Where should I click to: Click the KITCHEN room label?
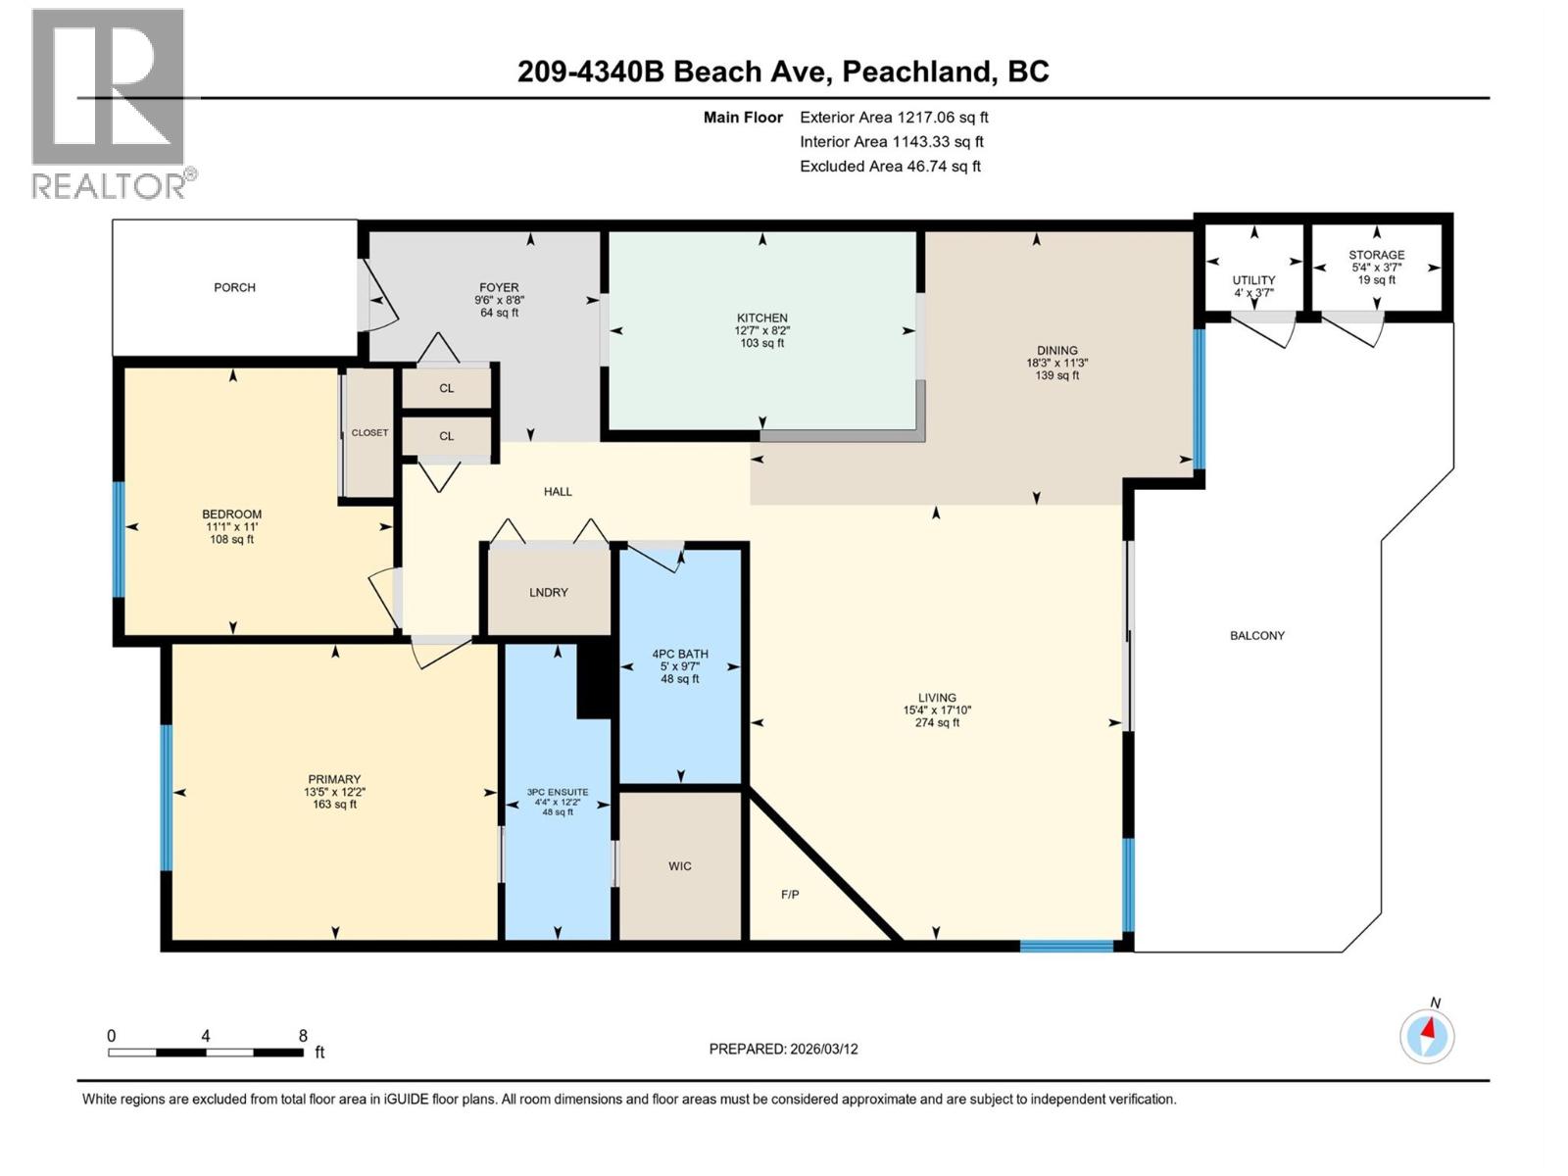click(761, 318)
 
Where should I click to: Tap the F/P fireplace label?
click(790, 894)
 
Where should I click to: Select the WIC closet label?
click(680, 866)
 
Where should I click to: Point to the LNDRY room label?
click(549, 592)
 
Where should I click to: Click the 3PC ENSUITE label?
click(558, 792)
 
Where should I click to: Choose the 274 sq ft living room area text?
click(937, 723)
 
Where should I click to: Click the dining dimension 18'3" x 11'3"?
click(1056, 363)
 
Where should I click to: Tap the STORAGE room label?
click(1376, 255)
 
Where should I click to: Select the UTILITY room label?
click(1253, 280)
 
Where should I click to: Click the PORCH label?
click(235, 287)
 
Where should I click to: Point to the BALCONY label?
click(1257, 635)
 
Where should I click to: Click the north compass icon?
click(1427, 1035)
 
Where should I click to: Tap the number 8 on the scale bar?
click(303, 1036)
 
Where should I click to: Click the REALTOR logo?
click(110, 103)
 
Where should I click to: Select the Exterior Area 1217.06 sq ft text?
click(894, 117)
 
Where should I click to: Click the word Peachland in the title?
click(916, 72)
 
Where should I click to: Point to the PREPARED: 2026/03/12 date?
click(783, 1049)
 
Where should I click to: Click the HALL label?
click(558, 491)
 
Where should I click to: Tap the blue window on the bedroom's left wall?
click(119, 538)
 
